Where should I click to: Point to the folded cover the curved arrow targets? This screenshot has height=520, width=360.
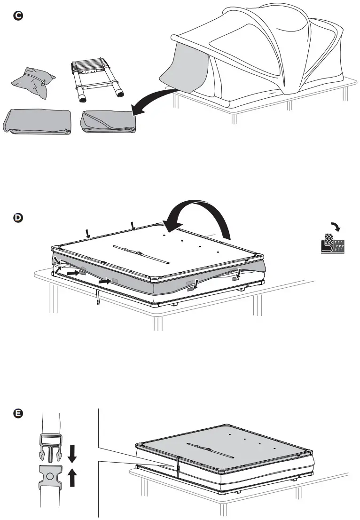[109, 122]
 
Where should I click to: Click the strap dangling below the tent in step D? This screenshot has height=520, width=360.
[98, 298]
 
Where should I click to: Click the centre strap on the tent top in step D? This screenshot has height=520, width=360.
[141, 254]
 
